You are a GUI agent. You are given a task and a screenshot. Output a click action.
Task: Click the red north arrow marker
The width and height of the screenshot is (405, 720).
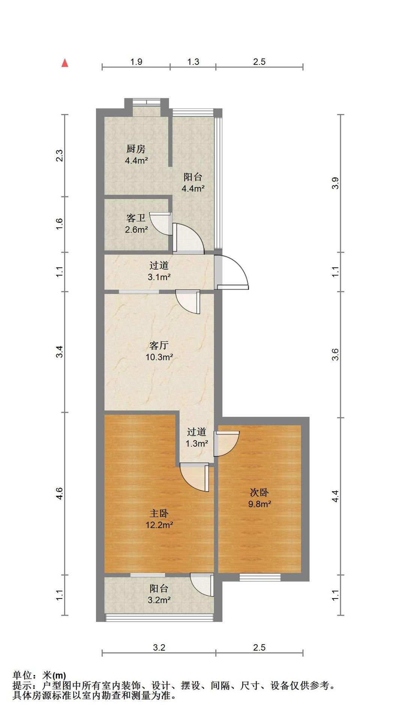(65, 63)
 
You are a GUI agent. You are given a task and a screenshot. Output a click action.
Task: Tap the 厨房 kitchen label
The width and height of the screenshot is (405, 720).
(136, 149)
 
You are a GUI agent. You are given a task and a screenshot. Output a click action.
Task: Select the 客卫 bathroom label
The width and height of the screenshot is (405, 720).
(136, 218)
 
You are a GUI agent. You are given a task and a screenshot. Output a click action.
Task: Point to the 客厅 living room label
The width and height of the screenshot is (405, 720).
(159, 345)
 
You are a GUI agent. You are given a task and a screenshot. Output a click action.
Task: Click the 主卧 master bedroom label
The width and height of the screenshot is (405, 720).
(159, 513)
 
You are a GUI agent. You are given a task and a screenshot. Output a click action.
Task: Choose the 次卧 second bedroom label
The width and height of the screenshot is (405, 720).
(259, 492)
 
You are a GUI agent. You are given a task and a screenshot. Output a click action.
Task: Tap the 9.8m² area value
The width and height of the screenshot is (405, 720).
(259, 504)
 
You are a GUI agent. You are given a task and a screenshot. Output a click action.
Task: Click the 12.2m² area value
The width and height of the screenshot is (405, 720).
(159, 525)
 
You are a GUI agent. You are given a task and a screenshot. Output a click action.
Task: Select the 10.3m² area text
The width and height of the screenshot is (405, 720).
(159, 357)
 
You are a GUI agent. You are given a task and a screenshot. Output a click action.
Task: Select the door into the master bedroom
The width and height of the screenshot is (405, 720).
(195, 477)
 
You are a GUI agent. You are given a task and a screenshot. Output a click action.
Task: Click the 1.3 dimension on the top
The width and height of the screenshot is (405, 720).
(193, 61)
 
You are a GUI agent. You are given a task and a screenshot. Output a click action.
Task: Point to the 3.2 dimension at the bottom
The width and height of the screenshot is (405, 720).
(159, 647)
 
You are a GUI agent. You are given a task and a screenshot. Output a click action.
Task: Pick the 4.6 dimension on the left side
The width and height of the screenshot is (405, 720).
(59, 493)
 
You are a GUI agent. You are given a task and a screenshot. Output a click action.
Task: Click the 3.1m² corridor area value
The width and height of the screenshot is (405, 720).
(159, 277)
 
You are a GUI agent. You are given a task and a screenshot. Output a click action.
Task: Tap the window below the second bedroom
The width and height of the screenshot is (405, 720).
(260, 577)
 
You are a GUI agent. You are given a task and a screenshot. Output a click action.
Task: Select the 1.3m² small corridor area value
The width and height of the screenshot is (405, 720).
(197, 444)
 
